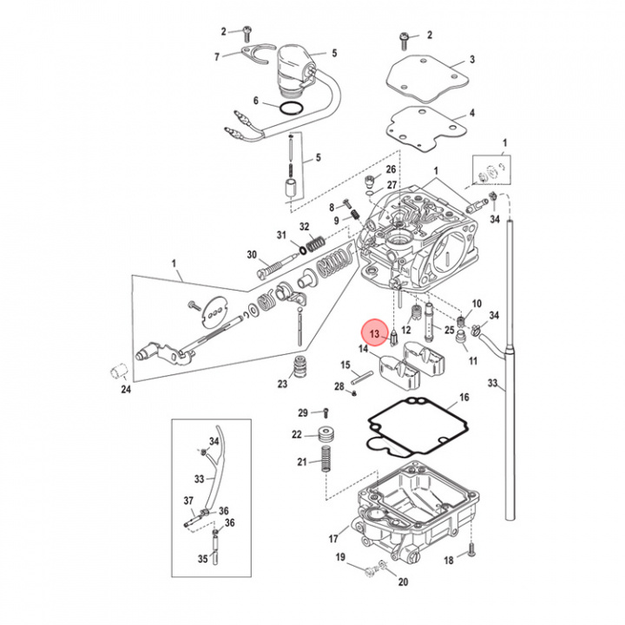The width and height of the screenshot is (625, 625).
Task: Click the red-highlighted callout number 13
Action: (375, 333)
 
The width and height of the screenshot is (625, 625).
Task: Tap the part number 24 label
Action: (125, 389)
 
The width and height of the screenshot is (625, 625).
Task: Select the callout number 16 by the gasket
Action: (464, 397)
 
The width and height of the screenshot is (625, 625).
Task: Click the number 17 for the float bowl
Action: (333, 539)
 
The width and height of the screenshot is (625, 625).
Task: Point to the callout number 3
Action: (472, 60)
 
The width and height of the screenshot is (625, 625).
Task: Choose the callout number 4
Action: (472, 114)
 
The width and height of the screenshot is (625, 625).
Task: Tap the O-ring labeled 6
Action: (293, 108)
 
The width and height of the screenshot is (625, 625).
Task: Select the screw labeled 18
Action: (472, 549)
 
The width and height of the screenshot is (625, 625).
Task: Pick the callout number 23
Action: (283, 384)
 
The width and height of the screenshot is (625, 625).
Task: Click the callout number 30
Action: (252, 254)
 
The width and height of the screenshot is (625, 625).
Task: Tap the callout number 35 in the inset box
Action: (202, 559)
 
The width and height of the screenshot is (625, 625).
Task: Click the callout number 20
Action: (403, 582)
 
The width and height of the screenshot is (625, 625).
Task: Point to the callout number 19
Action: (340, 556)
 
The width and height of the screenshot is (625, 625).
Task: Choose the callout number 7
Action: (217, 58)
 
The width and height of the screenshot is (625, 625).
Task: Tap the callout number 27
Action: (391, 185)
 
